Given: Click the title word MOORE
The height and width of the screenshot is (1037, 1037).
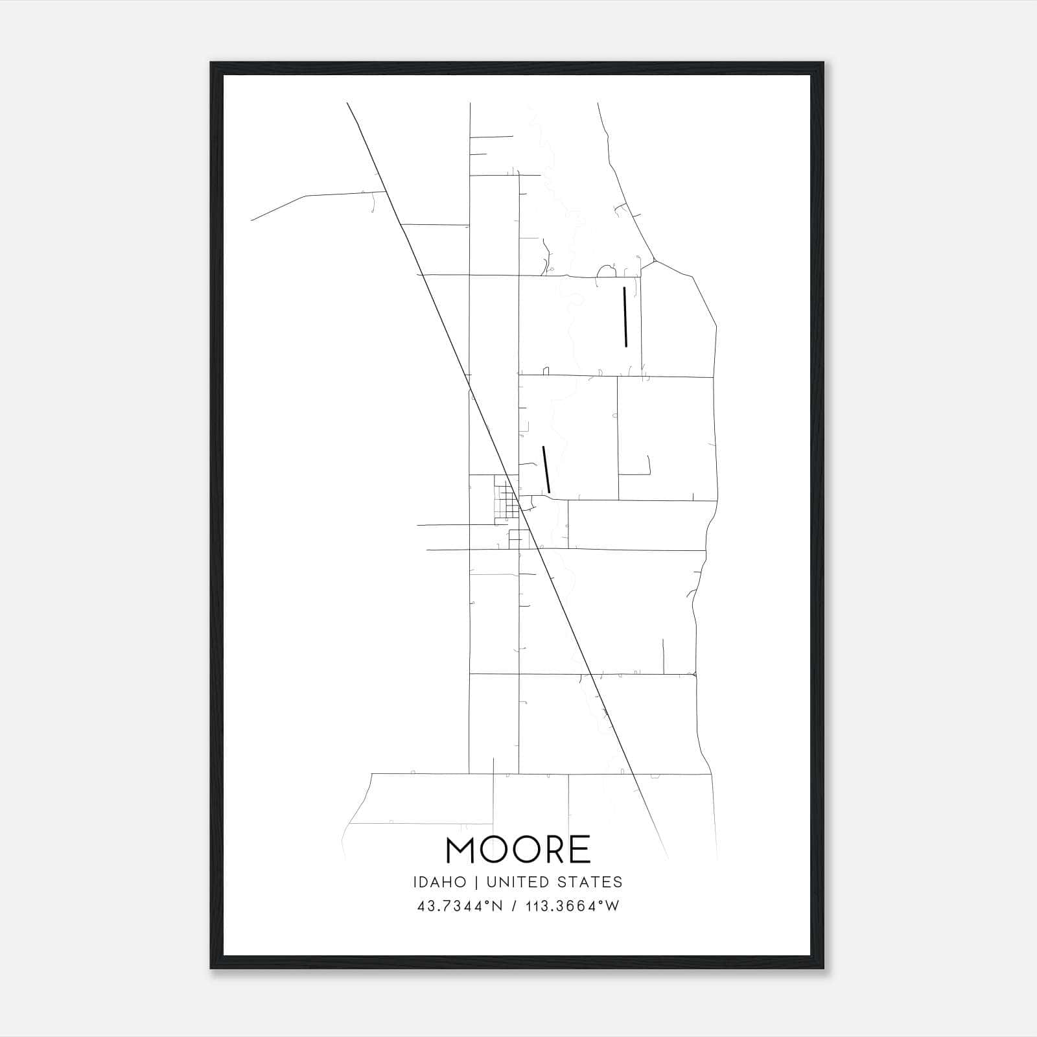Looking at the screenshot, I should tap(518, 850).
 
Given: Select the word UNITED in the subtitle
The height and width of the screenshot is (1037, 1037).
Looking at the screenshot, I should tap(515, 882).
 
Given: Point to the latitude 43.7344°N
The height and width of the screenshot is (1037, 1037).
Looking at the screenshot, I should tap(460, 906).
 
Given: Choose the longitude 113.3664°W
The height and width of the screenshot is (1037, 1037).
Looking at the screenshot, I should tap(574, 906).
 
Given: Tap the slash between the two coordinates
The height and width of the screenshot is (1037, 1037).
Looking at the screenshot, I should tap(515, 906).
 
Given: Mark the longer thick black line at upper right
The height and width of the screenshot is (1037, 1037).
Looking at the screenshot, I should tap(625, 317).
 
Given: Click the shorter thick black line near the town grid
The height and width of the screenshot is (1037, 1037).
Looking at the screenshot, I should tap(546, 469).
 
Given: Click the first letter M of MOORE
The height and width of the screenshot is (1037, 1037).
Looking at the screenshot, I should tap(461, 850).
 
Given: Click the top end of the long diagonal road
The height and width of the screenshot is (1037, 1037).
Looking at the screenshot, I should tap(348, 104).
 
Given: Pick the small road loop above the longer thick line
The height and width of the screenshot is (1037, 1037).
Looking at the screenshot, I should tap(606, 270).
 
